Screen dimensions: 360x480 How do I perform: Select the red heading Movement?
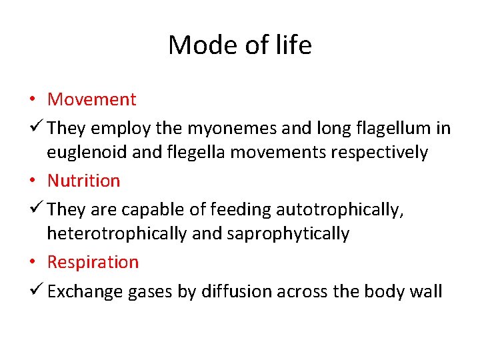91,99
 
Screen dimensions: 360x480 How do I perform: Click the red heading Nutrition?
83,181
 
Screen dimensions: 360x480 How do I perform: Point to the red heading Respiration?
93,262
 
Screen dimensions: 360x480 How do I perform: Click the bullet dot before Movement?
33,100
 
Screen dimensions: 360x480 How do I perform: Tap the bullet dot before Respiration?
33,263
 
